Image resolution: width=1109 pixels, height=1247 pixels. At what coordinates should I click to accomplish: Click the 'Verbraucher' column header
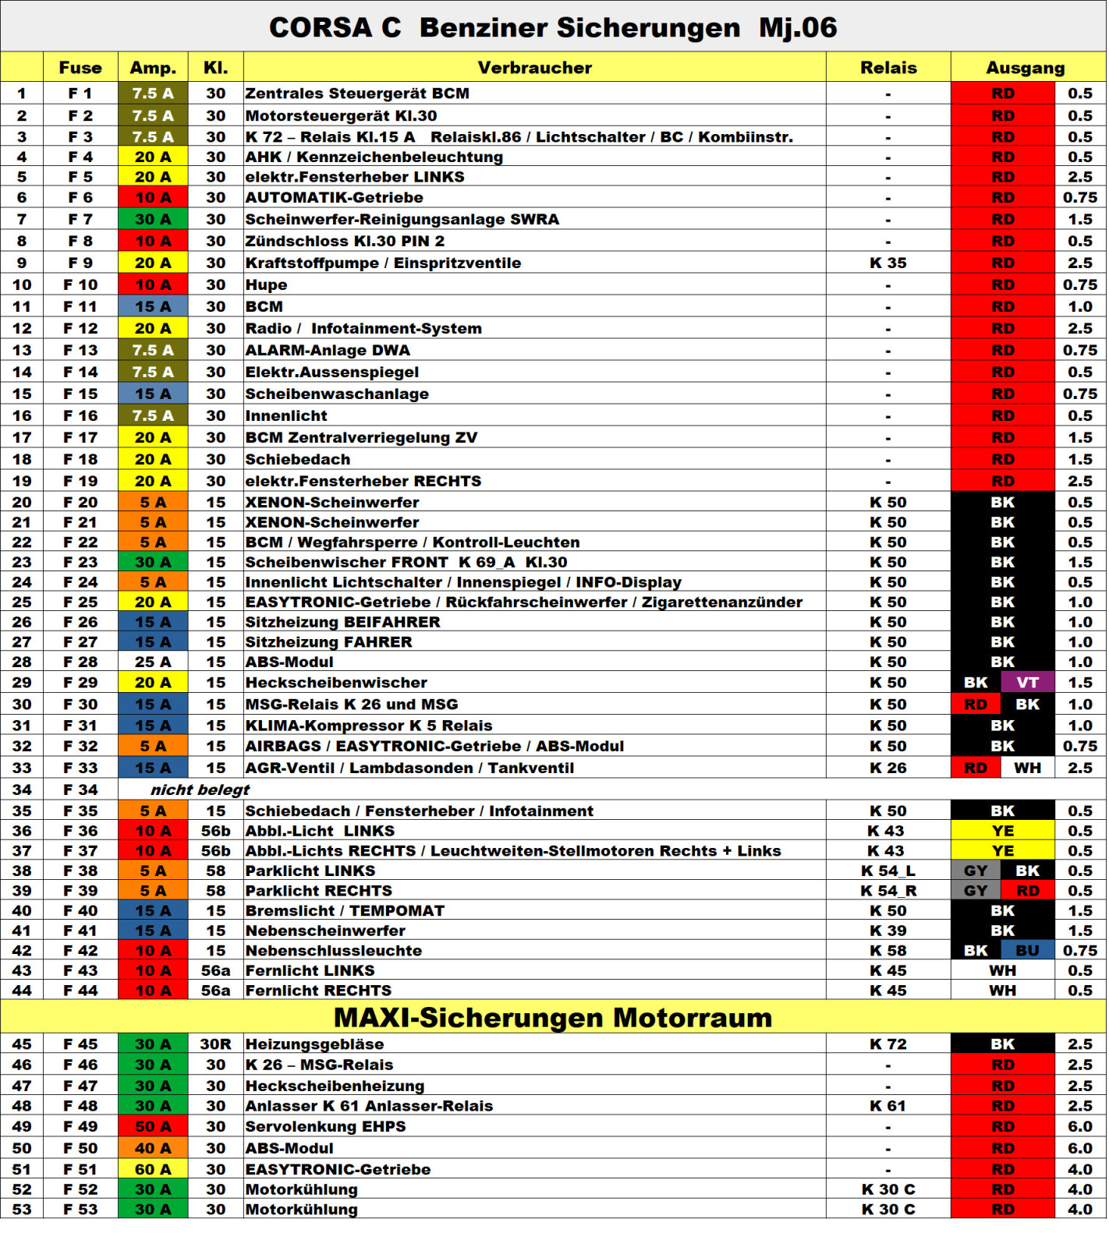tap(534, 68)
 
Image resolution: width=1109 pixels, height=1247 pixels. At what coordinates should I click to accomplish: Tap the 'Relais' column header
tap(888, 68)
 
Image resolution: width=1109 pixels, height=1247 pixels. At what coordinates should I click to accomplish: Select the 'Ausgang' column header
tap(1025, 68)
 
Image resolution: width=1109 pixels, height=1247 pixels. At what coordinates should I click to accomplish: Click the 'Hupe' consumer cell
tap(266, 285)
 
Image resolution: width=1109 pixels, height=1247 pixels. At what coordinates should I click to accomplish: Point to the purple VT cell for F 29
tap(1027, 683)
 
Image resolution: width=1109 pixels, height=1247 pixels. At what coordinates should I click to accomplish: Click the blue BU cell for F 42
tap(1027, 951)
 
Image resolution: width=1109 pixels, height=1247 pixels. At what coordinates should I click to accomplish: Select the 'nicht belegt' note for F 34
tap(200, 790)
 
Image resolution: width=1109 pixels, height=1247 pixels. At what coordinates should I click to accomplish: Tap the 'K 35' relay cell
tap(888, 263)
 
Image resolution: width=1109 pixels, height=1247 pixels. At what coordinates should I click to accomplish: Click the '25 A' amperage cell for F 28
tap(153, 662)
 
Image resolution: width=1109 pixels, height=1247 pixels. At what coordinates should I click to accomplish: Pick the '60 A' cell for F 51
tap(153, 1169)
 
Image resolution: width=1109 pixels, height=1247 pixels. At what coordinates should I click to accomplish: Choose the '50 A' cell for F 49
tap(153, 1127)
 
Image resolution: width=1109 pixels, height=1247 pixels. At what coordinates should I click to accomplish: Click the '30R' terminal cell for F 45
tap(215, 1044)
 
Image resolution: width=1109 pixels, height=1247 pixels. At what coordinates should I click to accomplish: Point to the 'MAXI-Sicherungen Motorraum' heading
tap(552, 1018)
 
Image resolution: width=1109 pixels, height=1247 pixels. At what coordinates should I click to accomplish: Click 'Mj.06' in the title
tap(797, 28)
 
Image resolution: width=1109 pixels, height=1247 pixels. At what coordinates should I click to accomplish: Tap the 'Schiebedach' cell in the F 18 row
tap(298, 460)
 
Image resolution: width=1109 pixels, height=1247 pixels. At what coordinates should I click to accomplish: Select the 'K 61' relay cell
tap(888, 1106)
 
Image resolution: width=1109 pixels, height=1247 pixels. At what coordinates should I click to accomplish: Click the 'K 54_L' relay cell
tap(888, 871)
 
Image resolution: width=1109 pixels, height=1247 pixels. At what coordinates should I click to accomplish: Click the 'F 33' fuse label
tap(80, 768)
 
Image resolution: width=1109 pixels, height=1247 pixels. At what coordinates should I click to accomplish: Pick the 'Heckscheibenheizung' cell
tap(335, 1086)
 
